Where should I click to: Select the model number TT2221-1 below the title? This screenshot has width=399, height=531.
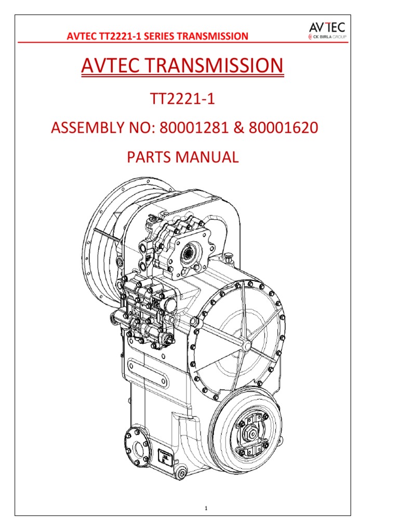tap(183, 98)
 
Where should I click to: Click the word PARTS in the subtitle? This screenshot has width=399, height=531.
tap(152, 157)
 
